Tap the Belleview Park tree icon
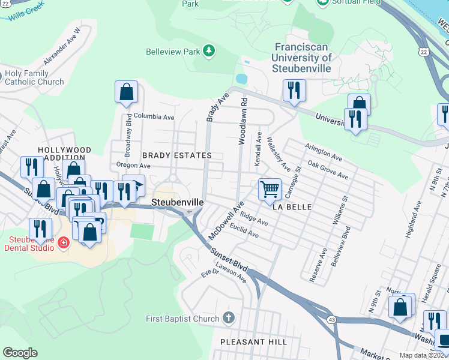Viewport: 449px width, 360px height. [209, 51]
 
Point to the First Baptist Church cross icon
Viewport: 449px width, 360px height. [228, 317]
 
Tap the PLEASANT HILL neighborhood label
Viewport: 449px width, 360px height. [253, 342]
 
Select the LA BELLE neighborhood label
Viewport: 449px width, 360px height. [292, 207]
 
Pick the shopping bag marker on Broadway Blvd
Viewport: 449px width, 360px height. [126, 92]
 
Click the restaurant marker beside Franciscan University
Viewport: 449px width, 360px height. [294, 90]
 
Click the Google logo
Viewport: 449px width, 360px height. [20, 353]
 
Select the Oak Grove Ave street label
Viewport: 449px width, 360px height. [328, 170]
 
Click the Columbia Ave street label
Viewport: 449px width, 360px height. [154, 116]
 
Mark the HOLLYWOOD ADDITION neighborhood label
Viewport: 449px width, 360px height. [64, 154]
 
